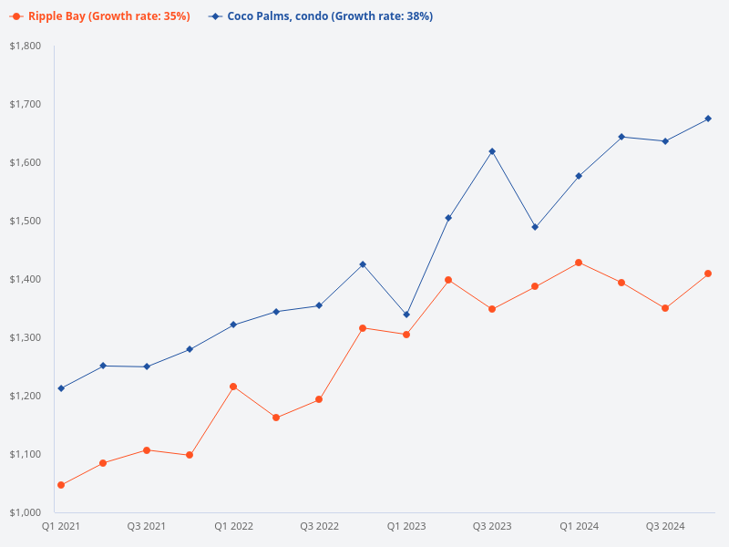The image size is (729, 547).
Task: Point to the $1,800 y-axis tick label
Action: point(25,46)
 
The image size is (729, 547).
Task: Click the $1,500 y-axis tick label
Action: point(25,221)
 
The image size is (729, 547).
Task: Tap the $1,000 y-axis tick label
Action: point(25,512)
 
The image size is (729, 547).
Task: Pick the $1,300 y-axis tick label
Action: point(25,337)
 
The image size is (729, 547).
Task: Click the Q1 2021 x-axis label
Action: point(60,526)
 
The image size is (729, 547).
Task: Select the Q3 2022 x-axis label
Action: point(319,526)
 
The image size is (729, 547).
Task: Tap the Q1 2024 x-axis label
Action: point(579,526)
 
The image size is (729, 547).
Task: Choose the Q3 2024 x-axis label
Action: point(665,526)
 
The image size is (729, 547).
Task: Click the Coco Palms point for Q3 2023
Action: point(492,151)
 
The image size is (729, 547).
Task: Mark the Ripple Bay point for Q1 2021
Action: point(60,485)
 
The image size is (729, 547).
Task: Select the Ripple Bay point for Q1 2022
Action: point(233,387)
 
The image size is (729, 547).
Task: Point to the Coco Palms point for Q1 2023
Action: point(406,315)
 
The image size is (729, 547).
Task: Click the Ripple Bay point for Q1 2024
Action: point(579,263)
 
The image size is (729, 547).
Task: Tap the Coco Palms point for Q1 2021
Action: point(60,388)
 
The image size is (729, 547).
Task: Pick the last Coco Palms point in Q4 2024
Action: point(708,119)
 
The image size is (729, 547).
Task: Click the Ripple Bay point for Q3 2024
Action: point(665,308)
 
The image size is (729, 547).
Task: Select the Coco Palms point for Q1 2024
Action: point(579,176)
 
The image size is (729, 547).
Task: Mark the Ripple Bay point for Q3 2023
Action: point(492,309)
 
